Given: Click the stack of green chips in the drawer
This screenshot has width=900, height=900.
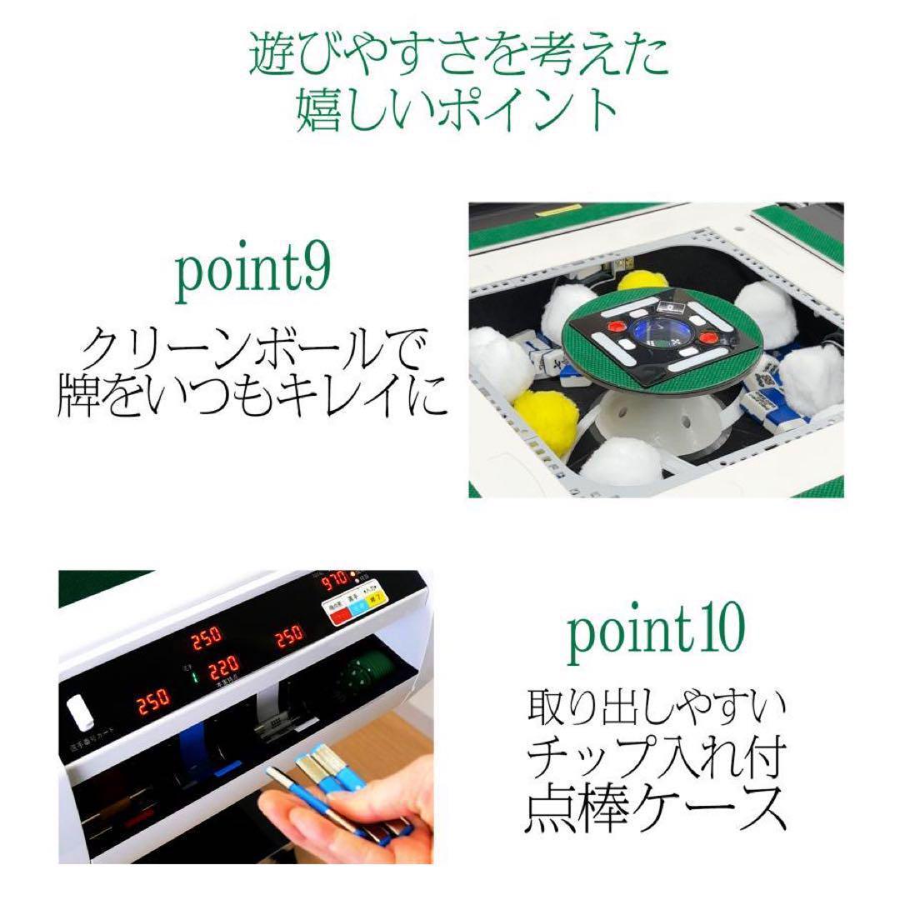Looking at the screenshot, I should [x=363, y=672].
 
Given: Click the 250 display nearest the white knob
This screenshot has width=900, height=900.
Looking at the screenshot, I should [x=153, y=698].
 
